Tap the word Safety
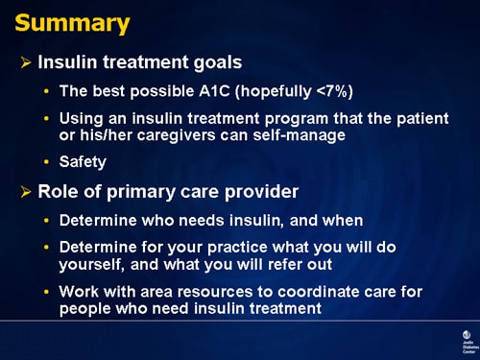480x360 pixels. click(83, 162)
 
